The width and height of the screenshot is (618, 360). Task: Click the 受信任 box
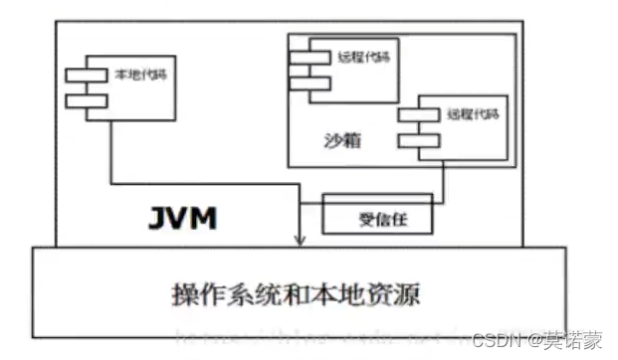point(378,214)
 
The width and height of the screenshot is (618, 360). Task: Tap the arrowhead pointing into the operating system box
point(301,241)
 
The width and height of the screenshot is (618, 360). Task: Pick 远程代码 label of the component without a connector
point(357,57)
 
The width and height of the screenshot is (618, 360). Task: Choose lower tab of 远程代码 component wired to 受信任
point(418,139)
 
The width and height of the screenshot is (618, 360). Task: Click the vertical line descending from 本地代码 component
point(109,149)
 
